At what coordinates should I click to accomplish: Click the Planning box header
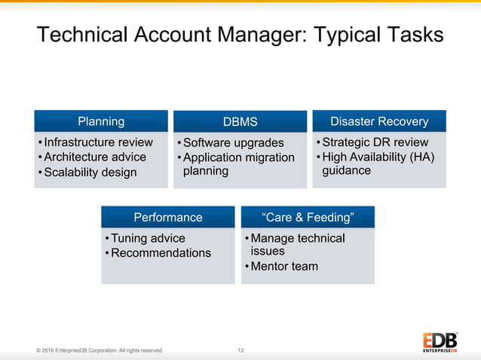point(101,121)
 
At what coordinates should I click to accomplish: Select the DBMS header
point(240,122)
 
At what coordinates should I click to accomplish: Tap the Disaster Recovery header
point(379,121)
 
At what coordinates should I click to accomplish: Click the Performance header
point(168,217)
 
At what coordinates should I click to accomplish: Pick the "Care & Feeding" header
point(308,217)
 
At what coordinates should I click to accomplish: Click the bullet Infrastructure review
point(98,142)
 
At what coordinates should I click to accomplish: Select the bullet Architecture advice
point(95,157)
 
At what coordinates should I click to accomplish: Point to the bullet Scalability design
point(90,172)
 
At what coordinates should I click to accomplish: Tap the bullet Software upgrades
point(234,143)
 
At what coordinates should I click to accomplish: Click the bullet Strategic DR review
point(375,142)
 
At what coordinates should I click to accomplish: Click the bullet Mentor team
point(284,266)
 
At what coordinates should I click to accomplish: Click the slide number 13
point(240,350)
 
